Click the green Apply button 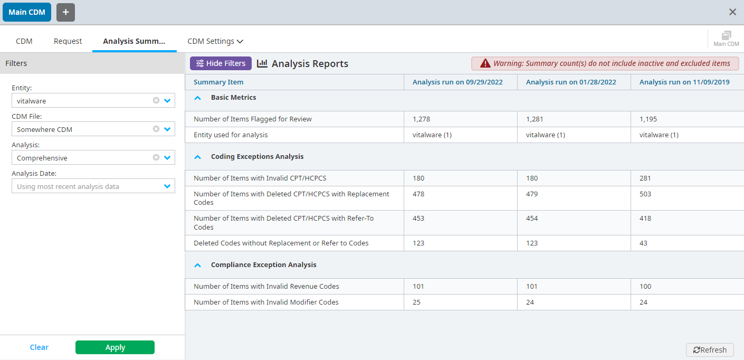(x=115, y=347)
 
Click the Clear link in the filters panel (x=39, y=347)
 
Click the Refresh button (x=710, y=350)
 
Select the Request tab (x=68, y=41)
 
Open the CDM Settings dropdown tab (x=215, y=41)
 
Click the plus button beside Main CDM (x=65, y=12)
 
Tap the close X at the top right (x=732, y=12)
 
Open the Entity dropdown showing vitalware (x=167, y=100)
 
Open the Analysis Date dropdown (x=167, y=186)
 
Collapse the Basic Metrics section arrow (x=198, y=98)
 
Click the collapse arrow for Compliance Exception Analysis (x=198, y=265)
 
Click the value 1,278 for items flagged (x=421, y=119)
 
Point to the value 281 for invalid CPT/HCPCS (x=645, y=178)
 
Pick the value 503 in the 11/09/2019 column (x=645, y=194)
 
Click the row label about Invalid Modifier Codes (x=266, y=302)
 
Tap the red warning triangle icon (x=485, y=64)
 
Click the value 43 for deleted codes (x=643, y=243)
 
